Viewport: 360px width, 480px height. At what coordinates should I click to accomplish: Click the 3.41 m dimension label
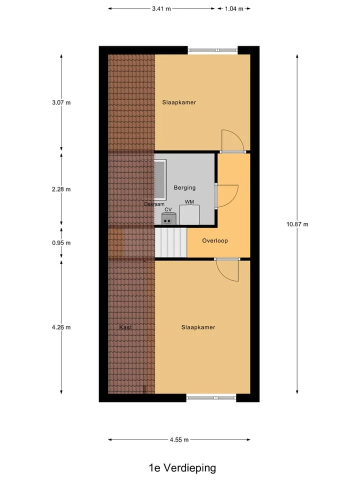pyautogui.click(x=161, y=8)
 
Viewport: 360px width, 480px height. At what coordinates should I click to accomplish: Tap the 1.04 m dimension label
pyautogui.click(x=234, y=8)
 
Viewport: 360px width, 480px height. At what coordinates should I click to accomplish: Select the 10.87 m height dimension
pyautogui.click(x=297, y=224)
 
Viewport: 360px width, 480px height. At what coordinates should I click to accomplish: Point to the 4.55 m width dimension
pyautogui.click(x=179, y=439)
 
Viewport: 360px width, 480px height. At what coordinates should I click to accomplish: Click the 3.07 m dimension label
pyautogui.click(x=61, y=102)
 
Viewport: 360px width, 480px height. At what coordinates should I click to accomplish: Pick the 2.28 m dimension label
pyautogui.click(x=61, y=189)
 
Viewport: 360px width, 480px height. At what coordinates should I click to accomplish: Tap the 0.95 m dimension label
pyautogui.click(x=61, y=243)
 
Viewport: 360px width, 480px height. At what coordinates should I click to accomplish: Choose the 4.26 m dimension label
pyautogui.click(x=61, y=327)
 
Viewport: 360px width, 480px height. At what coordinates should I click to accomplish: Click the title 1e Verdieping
pyautogui.click(x=182, y=468)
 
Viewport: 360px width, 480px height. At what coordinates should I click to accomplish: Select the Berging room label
pyautogui.click(x=184, y=187)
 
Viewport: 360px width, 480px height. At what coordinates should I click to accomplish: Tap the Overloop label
pyautogui.click(x=215, y=240)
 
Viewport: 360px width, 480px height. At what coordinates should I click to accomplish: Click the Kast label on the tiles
pyautogui.click(x=125, y=327)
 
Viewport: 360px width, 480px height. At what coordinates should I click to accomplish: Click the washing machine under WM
pyautogui.click(x=189, y=215)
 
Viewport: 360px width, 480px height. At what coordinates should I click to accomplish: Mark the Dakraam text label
pyautogui.click(x=154, y=204)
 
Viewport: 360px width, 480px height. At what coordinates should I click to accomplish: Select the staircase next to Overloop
pyautogui.click(x=171, y=242)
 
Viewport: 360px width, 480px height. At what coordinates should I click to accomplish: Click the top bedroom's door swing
pyautogui.click(x=232, y=141)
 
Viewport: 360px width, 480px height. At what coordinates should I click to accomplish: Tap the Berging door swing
pyautogui.click(x=227, y=196)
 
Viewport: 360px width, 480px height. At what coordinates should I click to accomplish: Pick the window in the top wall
pyautogui.click(x=213, y=50)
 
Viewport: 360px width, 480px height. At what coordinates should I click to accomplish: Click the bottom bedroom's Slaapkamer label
pyautogui.click(x=198, y=327)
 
